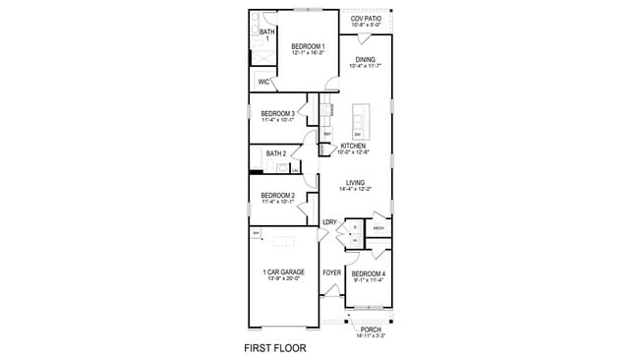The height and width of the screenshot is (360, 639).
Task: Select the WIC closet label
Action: (263, 83)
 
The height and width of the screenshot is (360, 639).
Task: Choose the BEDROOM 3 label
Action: (277, 113)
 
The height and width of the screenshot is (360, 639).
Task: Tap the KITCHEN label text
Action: (354, 146)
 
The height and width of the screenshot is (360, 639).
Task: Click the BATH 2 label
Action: (276, 153)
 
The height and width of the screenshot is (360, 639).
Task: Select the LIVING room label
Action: (355, 182)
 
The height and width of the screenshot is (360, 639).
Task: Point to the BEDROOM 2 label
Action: (277, 196)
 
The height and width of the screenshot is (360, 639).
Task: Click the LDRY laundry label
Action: (329, 222)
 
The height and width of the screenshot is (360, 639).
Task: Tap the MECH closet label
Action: (378, 228)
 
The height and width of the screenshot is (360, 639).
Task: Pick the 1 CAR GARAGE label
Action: (283, 271)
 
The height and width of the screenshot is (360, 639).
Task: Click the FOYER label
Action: (331, 272)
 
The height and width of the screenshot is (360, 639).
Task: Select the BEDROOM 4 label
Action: (369, 272)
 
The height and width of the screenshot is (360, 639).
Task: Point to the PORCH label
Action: (371, 330)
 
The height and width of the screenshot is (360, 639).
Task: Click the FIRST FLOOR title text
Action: (275, 348)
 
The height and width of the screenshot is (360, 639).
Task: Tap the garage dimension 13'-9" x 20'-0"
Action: (283, 278)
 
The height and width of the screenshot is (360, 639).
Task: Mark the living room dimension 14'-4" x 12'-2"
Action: (355, 189)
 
